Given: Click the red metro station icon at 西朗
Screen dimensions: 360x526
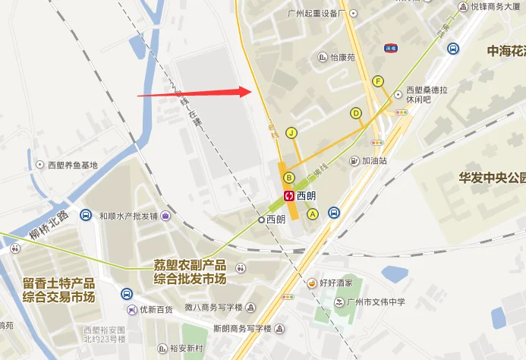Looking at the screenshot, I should click(x=289, y=195).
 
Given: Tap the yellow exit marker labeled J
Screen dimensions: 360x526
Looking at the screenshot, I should click(x=291, y=132).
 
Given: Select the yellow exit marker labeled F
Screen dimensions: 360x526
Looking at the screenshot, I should click(x=378, y=81).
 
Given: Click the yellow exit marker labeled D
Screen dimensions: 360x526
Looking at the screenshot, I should click(x=355, y=113).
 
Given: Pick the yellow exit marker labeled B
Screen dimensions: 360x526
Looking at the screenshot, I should click(x=288, y=178).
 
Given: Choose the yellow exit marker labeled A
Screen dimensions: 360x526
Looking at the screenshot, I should click(x=312, y=214).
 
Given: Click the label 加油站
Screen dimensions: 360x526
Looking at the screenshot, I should click(x=374, y=161).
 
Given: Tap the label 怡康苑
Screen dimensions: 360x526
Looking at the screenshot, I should click(x=342, y=57).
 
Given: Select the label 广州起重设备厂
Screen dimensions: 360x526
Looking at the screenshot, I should click(x=311, y=14).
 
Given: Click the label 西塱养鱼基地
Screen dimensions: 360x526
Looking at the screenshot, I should click(x=73, y=165).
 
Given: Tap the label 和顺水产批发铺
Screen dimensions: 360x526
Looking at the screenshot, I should click(x=127, y=216).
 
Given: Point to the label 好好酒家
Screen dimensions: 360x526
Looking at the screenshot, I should click(x=335, y=283).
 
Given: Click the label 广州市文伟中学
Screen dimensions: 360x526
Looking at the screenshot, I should click(x=373, y=302).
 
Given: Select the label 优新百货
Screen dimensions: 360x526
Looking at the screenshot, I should click(x=157, y=310).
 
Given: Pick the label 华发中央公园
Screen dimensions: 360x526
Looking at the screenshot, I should click(x=492, y=178).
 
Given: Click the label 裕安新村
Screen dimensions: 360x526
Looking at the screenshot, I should click(x=186, y=349).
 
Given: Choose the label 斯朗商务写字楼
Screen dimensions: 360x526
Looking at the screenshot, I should click(x=242, y=328).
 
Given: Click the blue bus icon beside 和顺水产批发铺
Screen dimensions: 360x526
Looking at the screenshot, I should click(x=87, y=216).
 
